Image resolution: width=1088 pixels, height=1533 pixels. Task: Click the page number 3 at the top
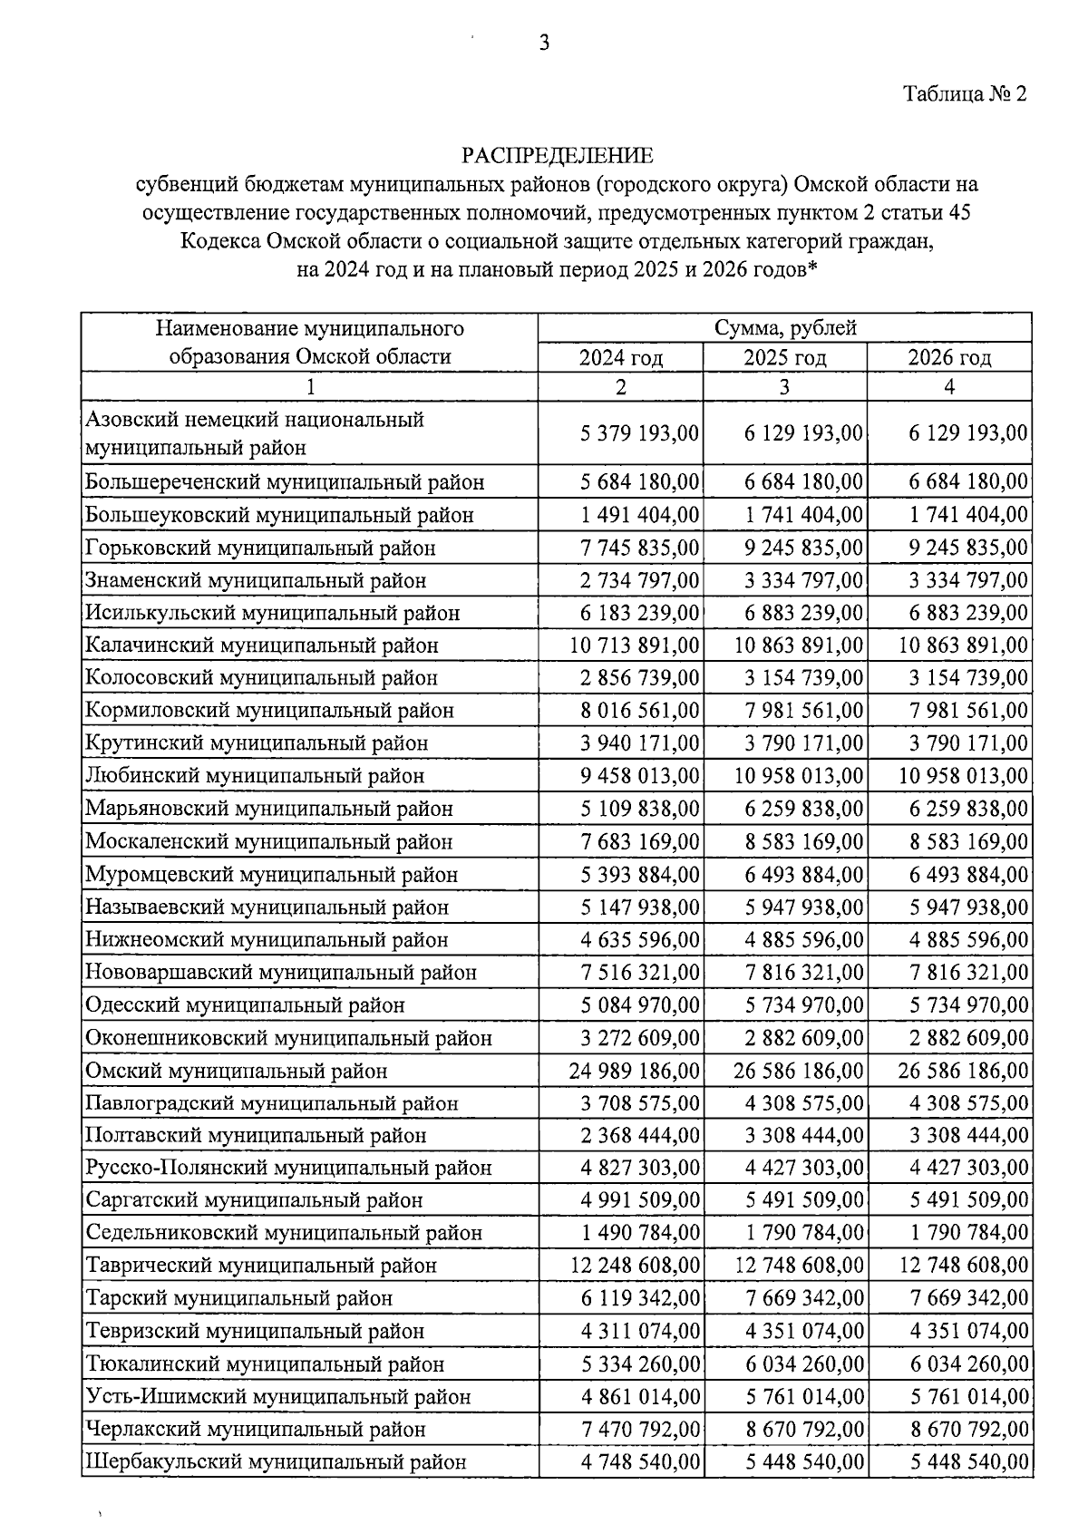(544, 44)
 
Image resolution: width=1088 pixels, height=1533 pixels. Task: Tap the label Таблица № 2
(965, 94)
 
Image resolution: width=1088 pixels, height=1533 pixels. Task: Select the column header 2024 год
(621, 357)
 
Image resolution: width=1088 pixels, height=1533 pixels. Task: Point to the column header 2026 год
(949, 357)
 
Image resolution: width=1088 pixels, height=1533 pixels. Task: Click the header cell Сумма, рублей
(785, 328)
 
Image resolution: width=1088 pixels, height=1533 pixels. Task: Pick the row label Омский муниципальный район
(237, 1071)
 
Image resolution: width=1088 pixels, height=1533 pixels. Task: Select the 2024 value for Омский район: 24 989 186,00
(635, 1071)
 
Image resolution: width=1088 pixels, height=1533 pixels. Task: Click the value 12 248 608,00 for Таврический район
(635, 1265)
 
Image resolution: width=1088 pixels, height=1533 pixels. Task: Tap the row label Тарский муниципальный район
(239, 1298)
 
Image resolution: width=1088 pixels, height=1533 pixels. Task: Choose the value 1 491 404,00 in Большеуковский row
(640, 515)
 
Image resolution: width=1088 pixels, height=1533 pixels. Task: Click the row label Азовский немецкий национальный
(255, 421)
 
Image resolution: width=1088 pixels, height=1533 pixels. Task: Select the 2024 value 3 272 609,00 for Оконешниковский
(640, 1038)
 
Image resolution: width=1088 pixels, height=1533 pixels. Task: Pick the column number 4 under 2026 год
(949, 387)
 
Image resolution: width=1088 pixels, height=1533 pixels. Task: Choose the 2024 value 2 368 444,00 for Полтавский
(640, 1135)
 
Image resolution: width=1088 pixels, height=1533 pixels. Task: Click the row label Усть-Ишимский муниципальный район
(278, 1396)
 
